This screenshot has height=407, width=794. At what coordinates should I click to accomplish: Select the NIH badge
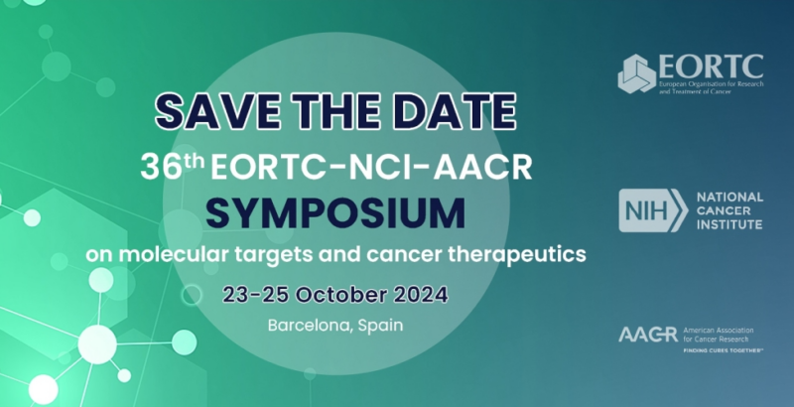652,210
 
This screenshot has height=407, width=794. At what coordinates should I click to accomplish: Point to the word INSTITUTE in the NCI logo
730,225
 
